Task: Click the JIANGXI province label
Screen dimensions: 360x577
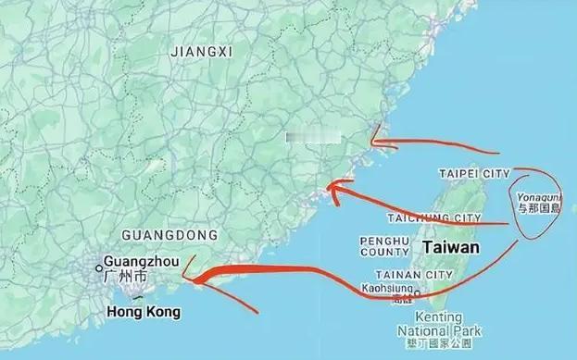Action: pos(200,53)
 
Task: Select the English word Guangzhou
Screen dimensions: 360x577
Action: pos(141,262)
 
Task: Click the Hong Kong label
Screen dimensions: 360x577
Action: pos(140,313)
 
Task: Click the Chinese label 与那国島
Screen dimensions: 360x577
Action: pos(539,209)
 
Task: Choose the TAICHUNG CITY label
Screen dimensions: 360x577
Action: pos(435,218)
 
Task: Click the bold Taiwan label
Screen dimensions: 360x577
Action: pos(451,248)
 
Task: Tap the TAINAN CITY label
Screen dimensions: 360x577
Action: pos(414,275)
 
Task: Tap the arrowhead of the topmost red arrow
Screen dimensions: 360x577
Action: pos(372,143)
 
